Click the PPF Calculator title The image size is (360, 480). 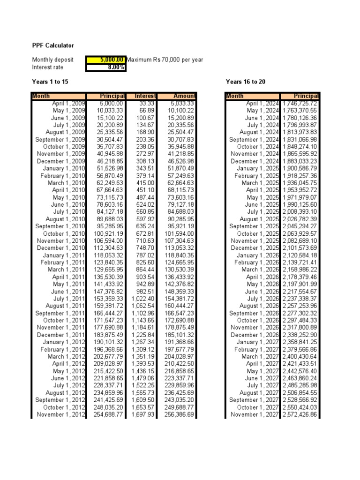52,45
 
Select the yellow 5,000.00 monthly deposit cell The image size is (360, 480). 105,60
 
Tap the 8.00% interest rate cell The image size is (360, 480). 105,67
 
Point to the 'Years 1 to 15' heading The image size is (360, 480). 50,82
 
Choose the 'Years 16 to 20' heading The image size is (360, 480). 246,82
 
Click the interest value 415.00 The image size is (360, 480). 146,183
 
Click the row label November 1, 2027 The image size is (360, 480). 255,414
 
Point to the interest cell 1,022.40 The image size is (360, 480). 143,299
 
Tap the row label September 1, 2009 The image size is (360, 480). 59,139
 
